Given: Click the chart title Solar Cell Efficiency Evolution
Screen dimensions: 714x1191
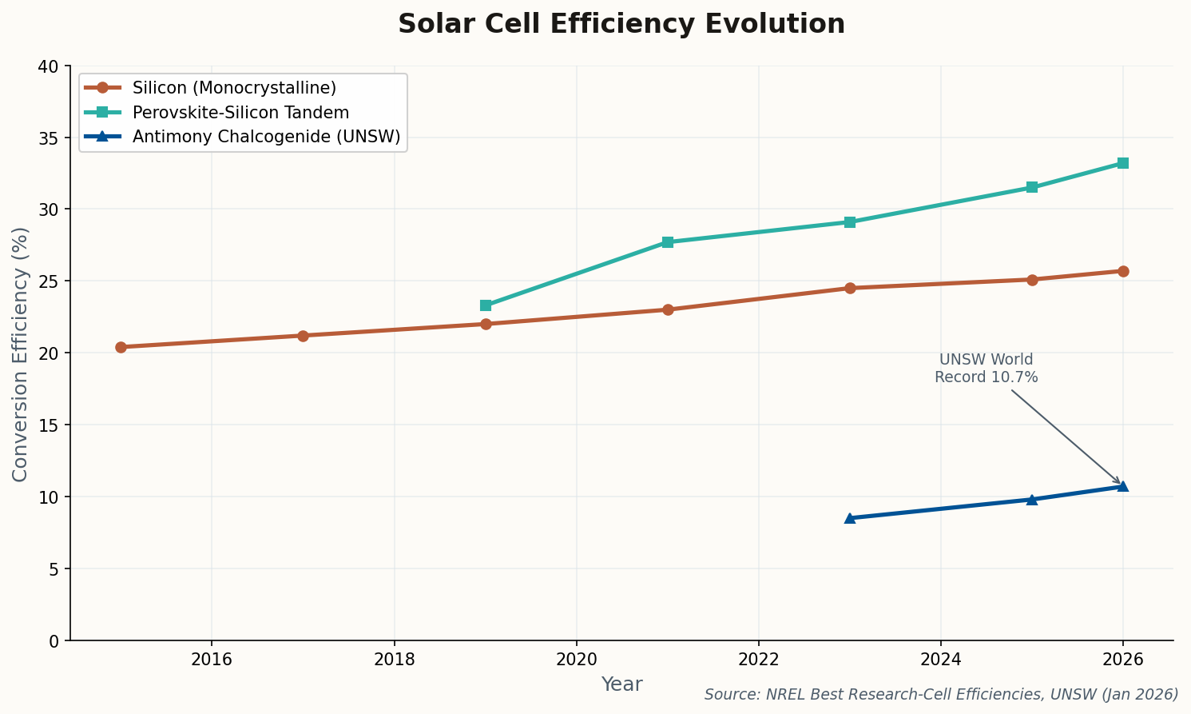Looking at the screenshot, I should click(x=621, y=24).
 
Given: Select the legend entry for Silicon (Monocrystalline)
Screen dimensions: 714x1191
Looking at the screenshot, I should click(x=234, y=87).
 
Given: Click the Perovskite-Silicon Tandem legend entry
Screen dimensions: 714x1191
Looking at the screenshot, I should click(x=240, y=112).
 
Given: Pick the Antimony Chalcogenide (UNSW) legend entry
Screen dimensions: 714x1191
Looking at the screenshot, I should click(x=266, y=137).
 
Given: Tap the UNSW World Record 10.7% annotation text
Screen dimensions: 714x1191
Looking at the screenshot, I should click(x=986, y=369).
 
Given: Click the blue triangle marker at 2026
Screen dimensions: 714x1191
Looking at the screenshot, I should click(x=1122, y=486).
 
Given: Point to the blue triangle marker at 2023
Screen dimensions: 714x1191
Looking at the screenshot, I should click(x=849, y=518).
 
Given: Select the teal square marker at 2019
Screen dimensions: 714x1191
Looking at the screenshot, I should click(x=485, y=305).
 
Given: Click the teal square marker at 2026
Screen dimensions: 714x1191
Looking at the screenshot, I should click(x=1122, y=163).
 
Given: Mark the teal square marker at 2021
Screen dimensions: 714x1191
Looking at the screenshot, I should click(x=667, y=242).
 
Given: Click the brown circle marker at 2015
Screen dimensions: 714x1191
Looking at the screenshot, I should click(x=121, y=347).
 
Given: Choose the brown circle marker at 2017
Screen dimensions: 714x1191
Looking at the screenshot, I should click(x=303, y=336).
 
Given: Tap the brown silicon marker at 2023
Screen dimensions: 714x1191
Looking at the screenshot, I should click(x=849, y=288).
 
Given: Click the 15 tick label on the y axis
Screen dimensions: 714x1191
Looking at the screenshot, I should click(x=50, y=425).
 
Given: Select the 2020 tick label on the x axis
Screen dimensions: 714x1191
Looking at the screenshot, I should click(x=576, y=660).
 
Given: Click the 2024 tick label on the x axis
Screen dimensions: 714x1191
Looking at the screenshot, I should click(x=940, y=660).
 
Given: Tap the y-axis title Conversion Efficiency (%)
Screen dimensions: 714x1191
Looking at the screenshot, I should click(x=21, y=353).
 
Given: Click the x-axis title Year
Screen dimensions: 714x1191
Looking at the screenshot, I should click(x=621, y=684).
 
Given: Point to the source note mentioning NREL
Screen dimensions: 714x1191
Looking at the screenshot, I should click(x=941, y=694).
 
